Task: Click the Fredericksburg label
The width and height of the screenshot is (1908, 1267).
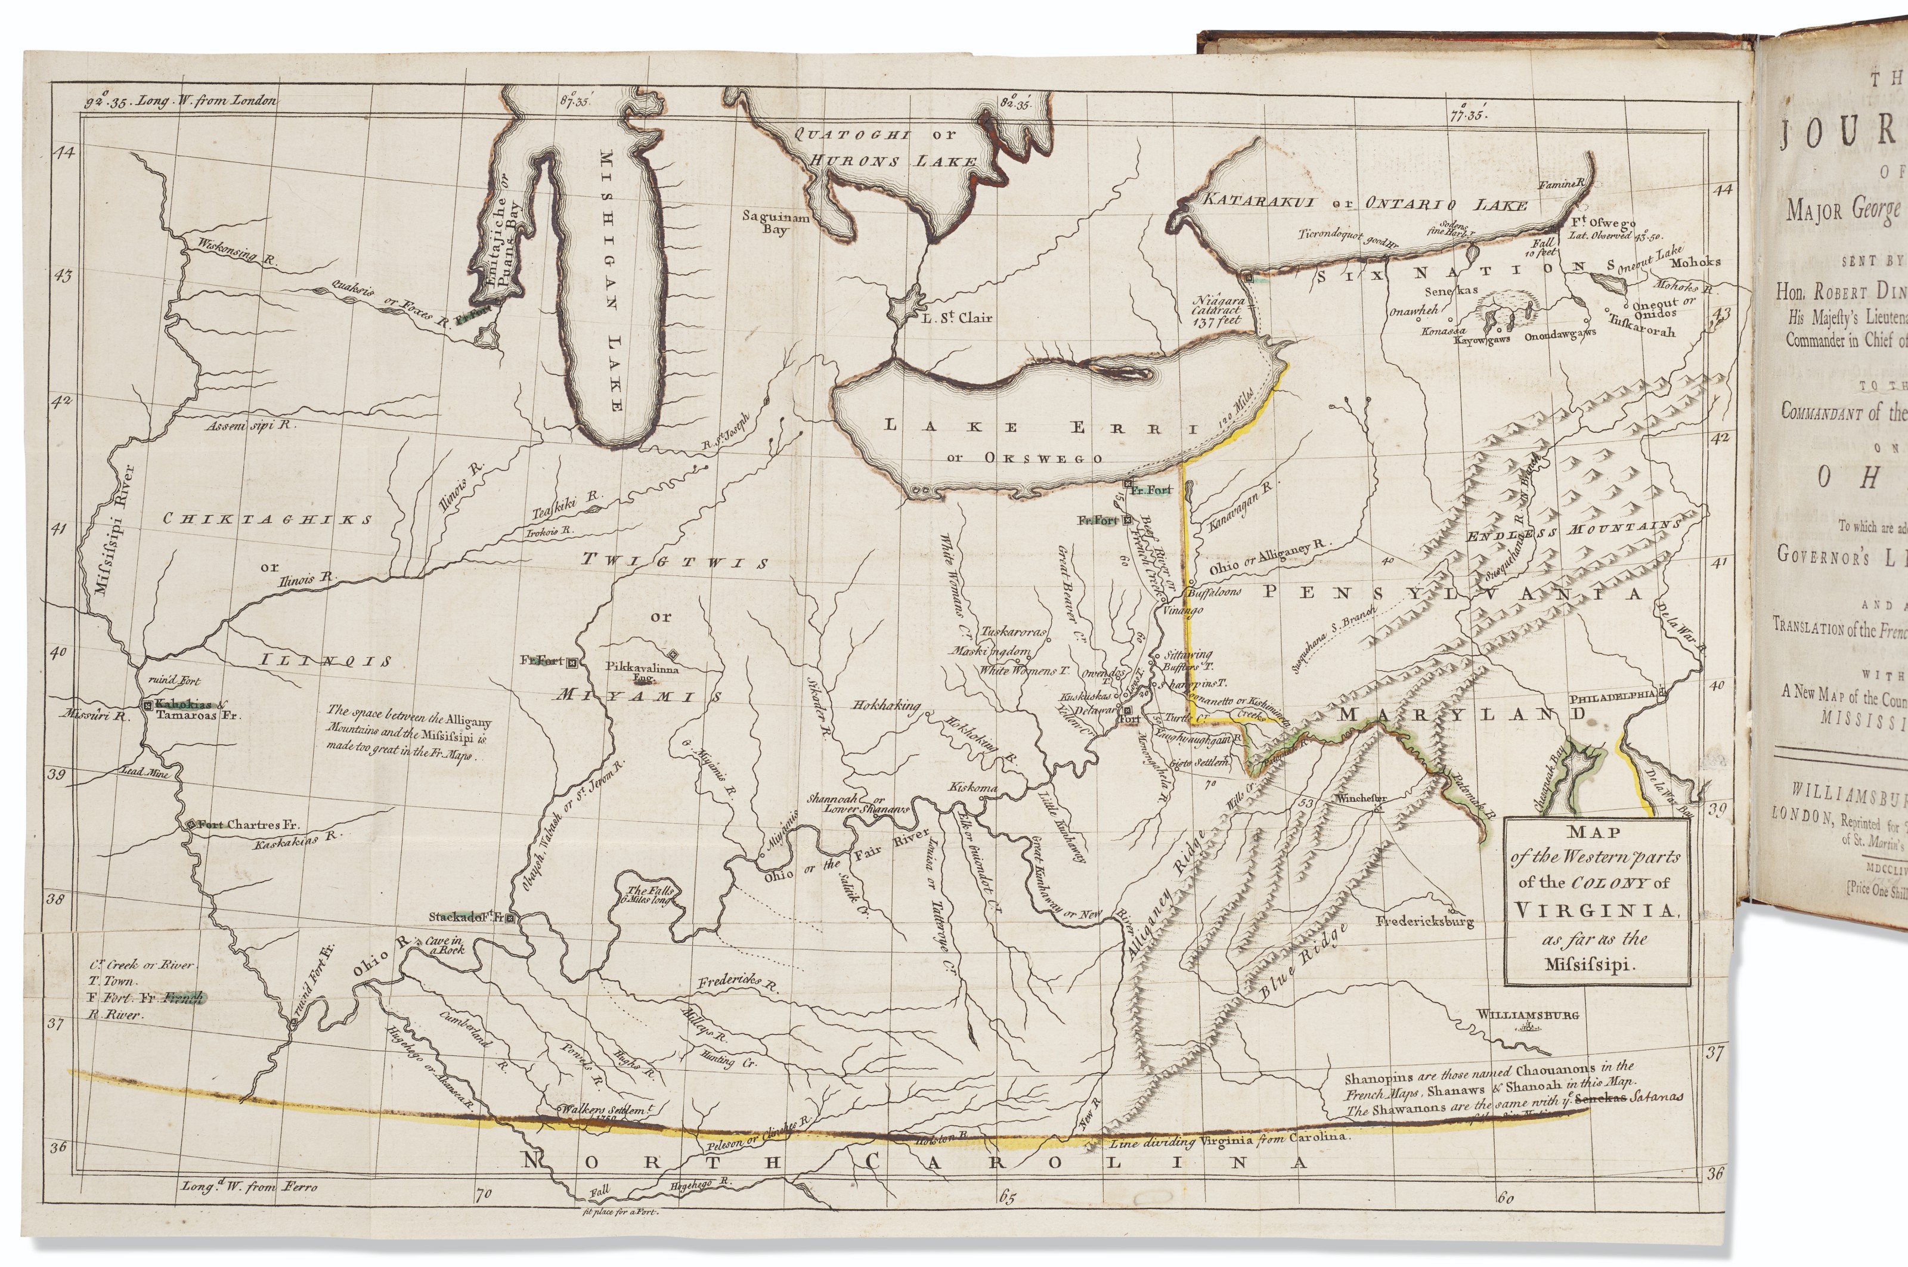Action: [1424, 921]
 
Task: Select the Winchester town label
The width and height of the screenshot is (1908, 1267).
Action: [1362, 798]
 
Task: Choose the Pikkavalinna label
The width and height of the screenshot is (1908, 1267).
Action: [643, 668]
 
